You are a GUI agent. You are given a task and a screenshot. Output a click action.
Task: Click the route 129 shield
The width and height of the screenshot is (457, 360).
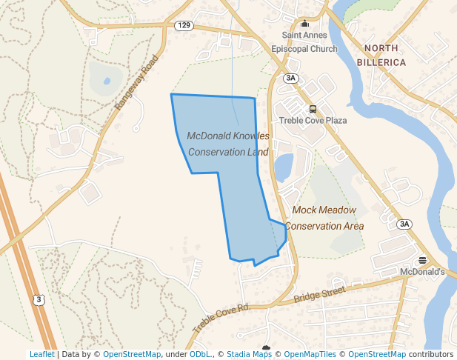pyautogui.click(x=184, y=25)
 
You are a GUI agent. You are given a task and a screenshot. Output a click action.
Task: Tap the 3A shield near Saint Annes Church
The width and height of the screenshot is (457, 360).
pyautogui.click(x=290, y=78)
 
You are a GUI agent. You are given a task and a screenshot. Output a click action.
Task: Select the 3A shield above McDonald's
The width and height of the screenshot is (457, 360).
pyautogui.click(x=404, y=224)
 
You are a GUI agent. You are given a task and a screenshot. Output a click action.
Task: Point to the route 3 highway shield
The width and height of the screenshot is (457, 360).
pyautogui.click(x=39, y=299)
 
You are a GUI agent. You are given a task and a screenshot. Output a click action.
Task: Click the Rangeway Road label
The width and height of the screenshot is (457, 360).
pyautogui.click(x=137, y=82)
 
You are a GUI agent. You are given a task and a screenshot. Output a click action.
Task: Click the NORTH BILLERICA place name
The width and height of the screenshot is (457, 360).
pyautogui.click(x=384, y=56)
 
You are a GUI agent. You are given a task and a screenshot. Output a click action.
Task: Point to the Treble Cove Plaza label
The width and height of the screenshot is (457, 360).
pyautogui.click(x=313, y=120)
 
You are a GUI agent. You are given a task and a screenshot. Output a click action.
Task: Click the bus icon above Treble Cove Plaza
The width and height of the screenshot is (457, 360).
pyautogui.click(x=313, y=108)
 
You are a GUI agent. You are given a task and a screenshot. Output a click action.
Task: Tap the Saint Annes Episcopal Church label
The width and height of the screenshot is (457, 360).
pyautogui.click(x=310, y=41)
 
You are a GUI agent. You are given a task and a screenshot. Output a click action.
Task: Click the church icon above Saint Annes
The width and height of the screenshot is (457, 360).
pyautogui.click(x=304, y=23)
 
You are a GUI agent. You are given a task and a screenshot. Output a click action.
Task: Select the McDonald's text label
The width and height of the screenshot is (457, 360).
pyautogui.click(x=421, y=272)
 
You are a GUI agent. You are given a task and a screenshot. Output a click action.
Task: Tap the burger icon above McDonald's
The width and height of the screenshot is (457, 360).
pyautogui.click(x=422, y=260)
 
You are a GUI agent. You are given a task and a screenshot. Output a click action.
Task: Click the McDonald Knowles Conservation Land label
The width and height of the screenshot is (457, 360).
pyautogui.click(x=228, y=144)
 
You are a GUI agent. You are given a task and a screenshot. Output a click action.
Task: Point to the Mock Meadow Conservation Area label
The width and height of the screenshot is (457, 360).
pyautogui.click(x=324, y=219)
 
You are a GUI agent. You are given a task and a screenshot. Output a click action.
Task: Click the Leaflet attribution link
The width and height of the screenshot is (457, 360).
pyautogui.click(x=41, y=354)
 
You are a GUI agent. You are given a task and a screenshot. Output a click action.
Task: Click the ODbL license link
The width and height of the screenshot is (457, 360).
pyautogui.click(x=200, y=354)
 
